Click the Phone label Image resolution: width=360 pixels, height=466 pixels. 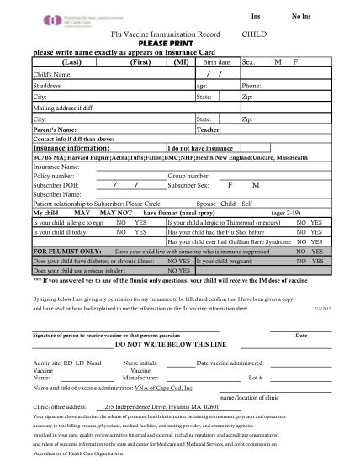point(251,86)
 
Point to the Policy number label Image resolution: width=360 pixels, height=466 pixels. point(56,176)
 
